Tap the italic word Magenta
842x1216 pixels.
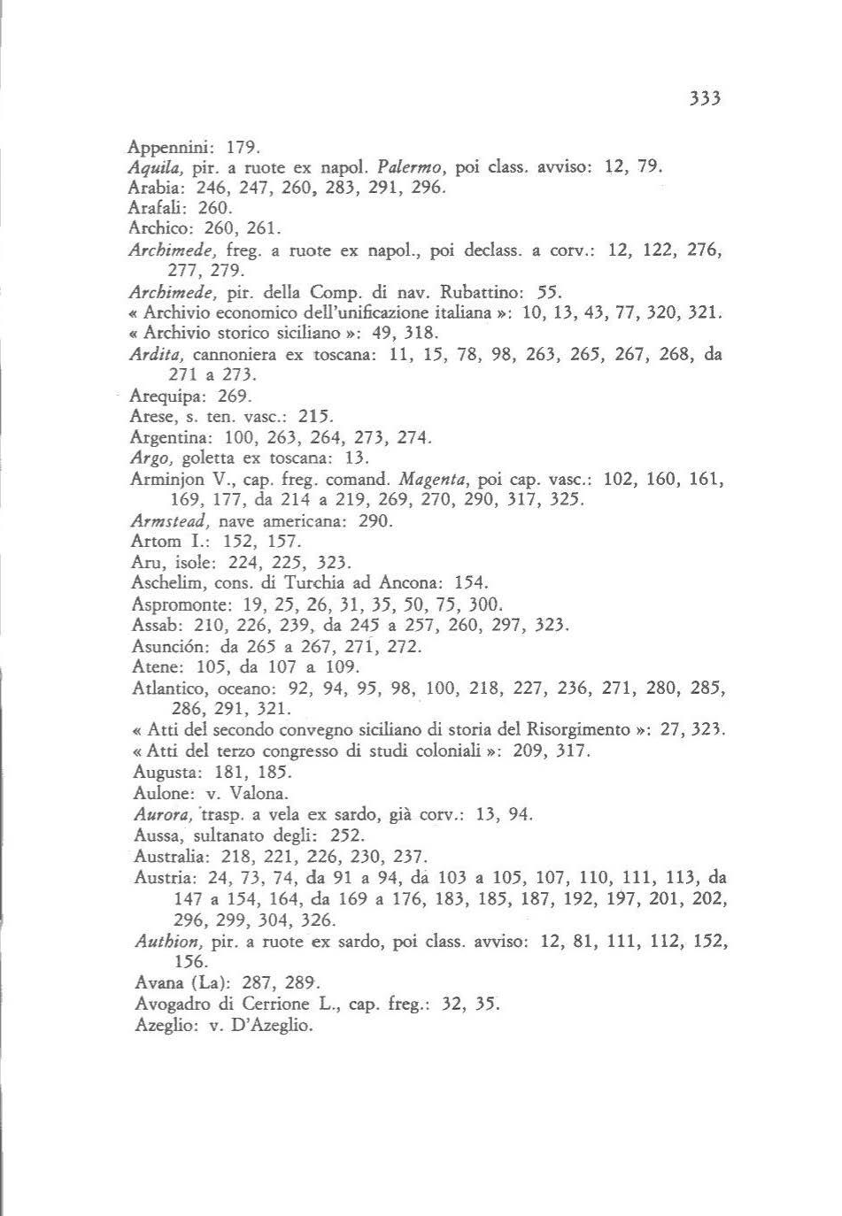tap(434, 479)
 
